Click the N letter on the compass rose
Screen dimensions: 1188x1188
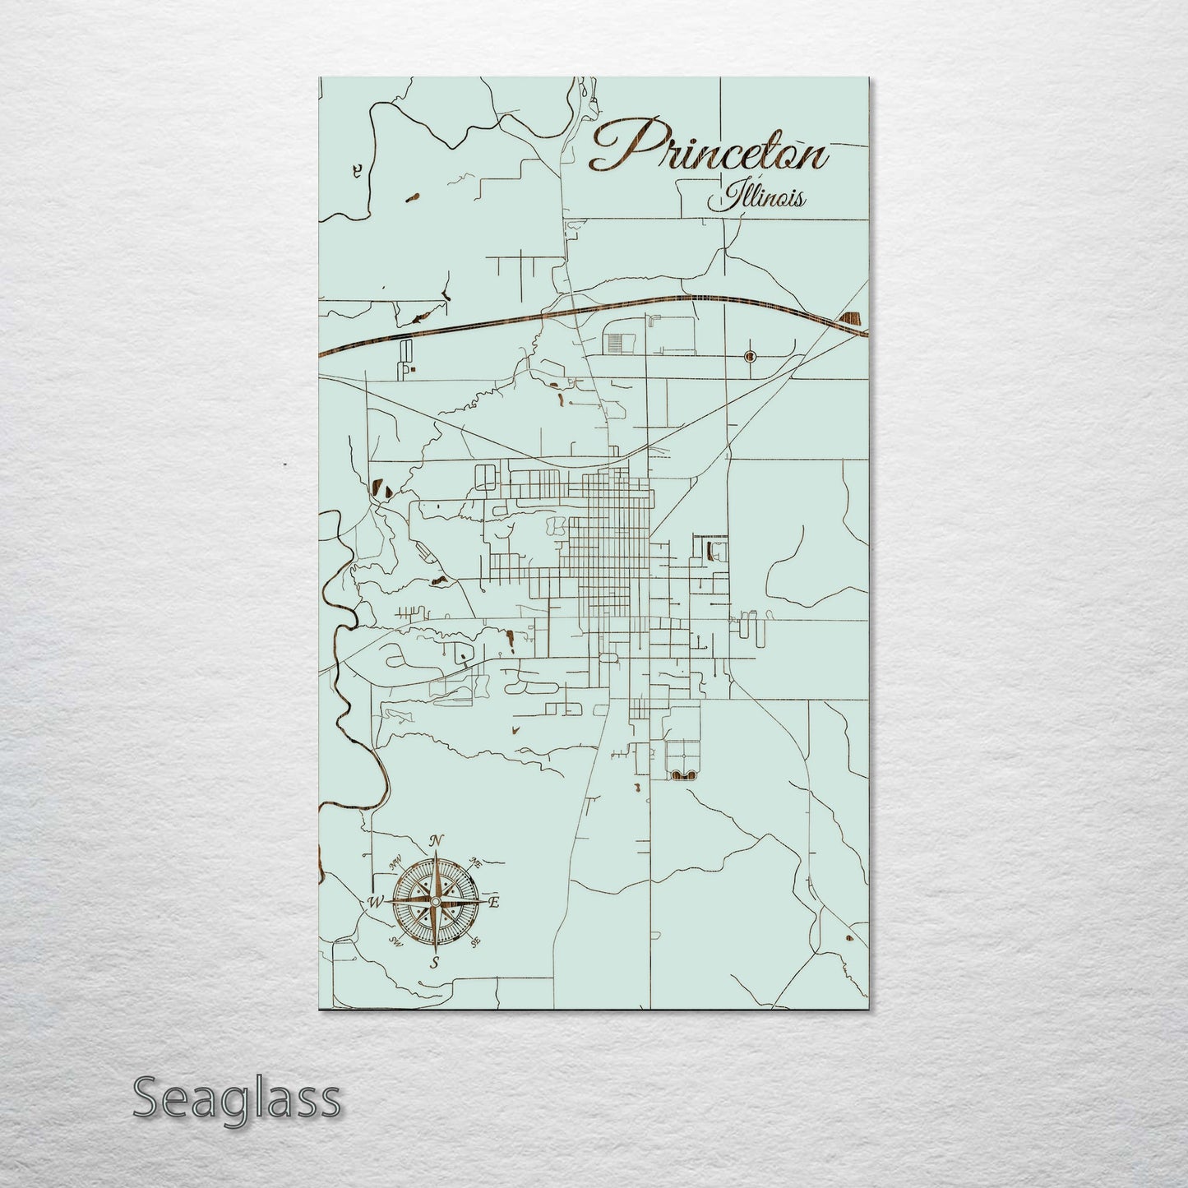pyautogui.click(x=438, y=839)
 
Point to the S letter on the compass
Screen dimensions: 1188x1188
pyautogui.click(x=435, y=963)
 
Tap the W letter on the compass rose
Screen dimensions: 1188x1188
pyautogui.click(x=376, y=901)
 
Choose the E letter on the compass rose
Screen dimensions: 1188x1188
pyautogui.click(x=495, y=902)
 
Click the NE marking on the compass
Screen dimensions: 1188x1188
pyautogui.click(x=475, y=862)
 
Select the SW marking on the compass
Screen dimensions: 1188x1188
pyautogui.click(x=395, y=941)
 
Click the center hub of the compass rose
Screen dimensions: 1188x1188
pyautogui.click(x=436, y=902)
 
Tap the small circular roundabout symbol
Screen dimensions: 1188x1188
pyautogui.click(x=749, y=356)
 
